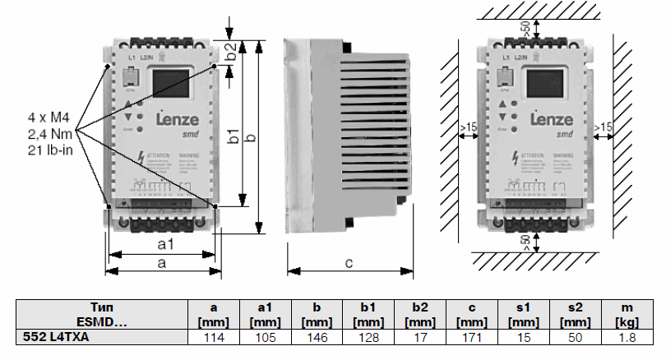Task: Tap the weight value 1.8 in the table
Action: [628, 336]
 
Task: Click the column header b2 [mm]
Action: [419, 313]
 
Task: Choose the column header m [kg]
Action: [628, 313]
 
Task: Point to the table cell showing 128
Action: [367, 336]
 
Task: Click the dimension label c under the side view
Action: [348, 263]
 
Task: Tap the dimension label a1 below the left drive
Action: [165, 245]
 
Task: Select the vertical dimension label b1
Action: [235, 136]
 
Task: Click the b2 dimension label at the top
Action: [233, 52]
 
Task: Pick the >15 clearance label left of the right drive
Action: [468, 127]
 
